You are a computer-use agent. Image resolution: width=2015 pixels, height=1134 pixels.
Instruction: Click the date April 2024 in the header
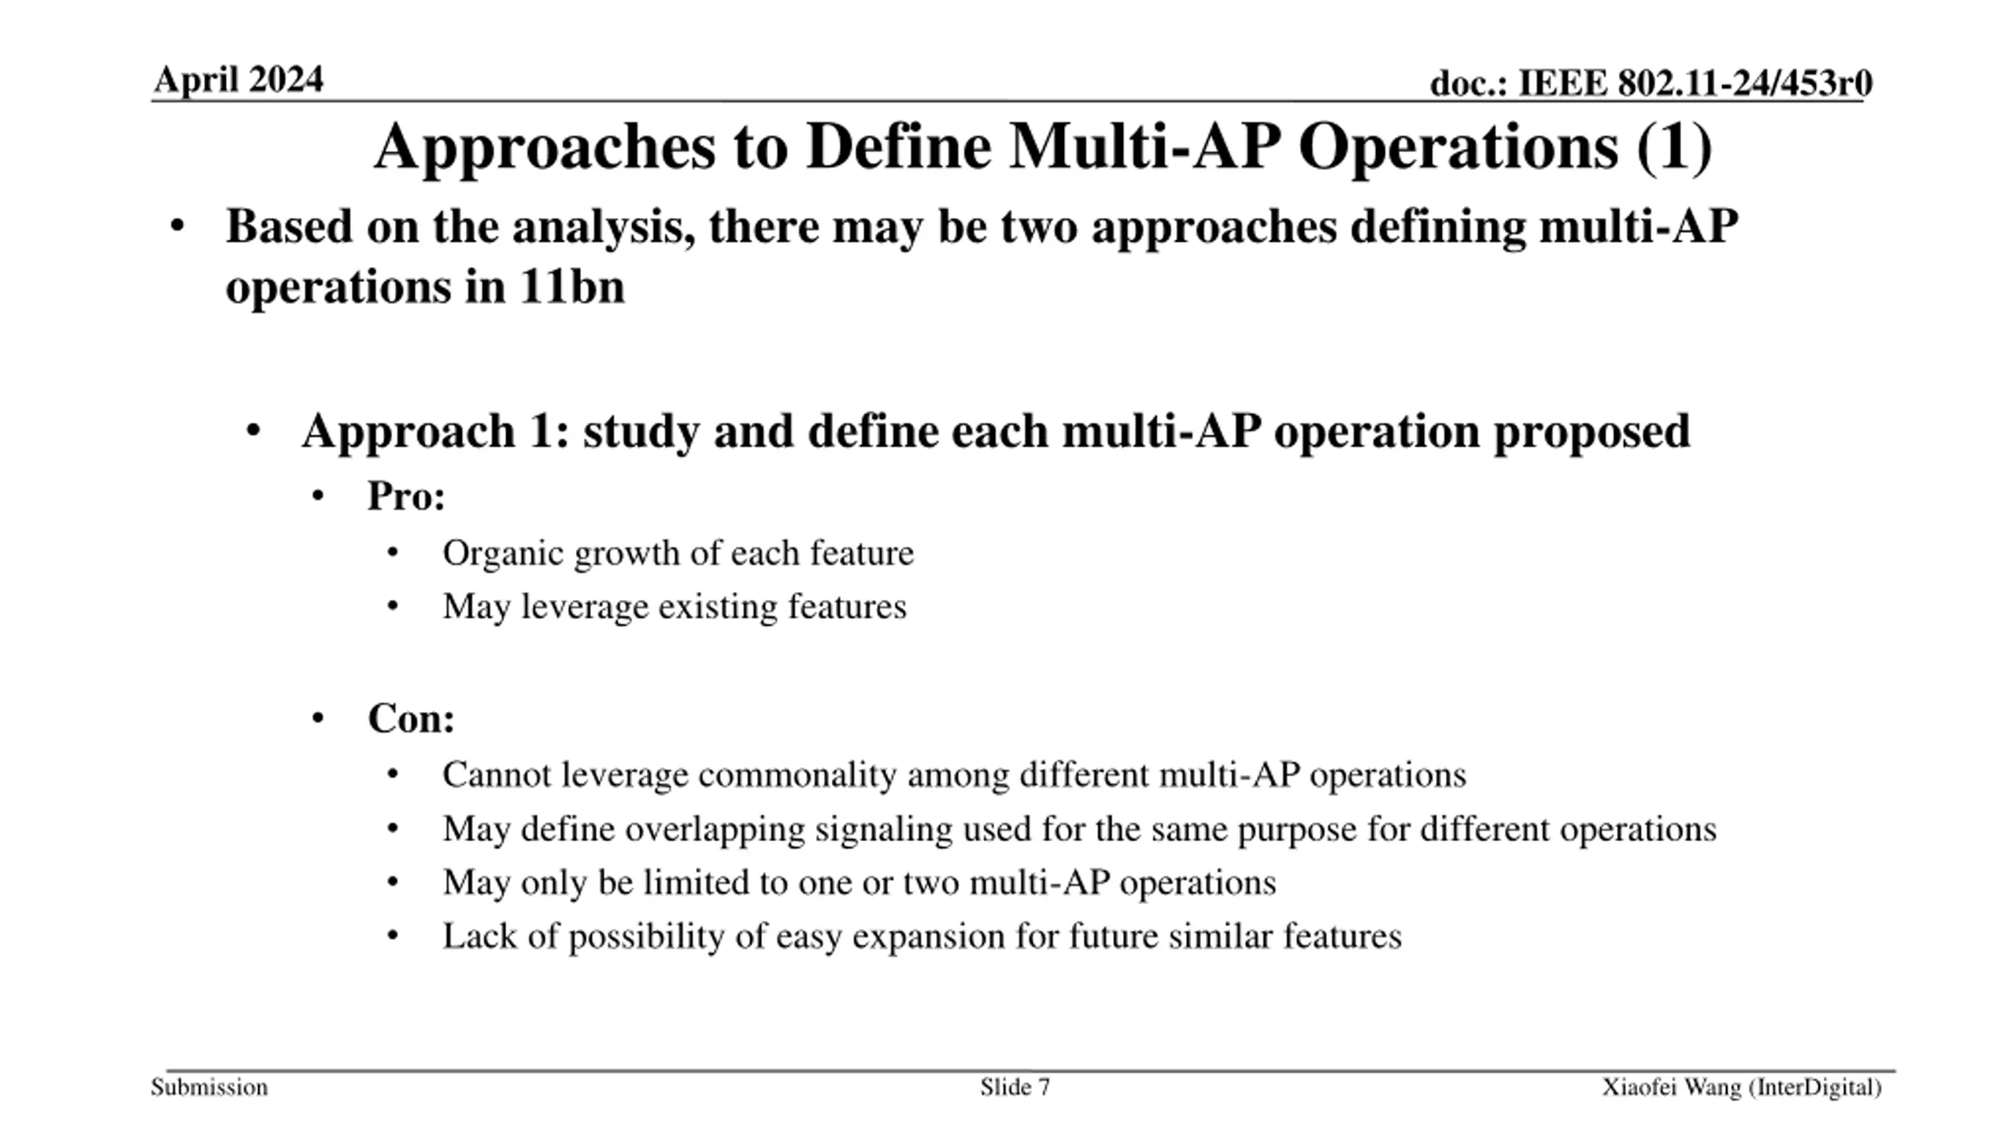click(238, 80)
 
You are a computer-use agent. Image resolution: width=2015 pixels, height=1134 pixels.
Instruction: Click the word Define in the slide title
click(898, 147)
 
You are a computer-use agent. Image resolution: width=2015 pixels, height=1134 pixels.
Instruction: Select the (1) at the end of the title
click(1674, 147)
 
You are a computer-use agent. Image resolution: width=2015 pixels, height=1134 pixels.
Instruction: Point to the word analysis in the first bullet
click(602, 228)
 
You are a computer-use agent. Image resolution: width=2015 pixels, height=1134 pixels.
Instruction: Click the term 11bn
click(571, 286)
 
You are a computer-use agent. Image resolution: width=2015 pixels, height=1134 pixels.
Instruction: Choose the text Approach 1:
click(435, 432)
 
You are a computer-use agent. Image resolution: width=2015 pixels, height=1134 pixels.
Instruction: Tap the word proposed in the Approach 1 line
click(1592, 432)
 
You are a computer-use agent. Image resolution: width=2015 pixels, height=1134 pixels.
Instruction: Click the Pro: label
click(406, 496)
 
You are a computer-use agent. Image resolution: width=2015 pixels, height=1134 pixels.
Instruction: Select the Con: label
click(411, 718)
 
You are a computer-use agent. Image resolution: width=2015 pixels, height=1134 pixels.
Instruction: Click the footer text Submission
click(209, 1088)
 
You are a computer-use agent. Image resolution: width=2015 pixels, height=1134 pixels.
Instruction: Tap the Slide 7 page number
click(1015, 1088)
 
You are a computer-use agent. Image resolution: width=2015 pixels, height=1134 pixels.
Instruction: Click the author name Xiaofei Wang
click(1671, 1088)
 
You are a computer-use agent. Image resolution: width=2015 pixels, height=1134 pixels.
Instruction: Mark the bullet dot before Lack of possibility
click(394, 936)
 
